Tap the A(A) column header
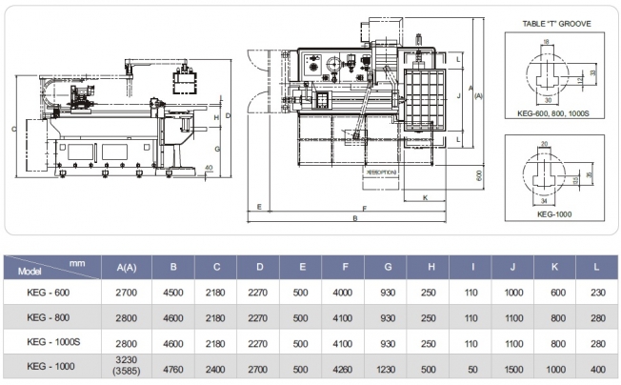[x=127, y=268]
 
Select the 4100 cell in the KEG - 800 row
[x=341, y=317]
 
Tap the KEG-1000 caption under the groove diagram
[x=553, y=214]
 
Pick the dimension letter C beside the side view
[x=13, y=129]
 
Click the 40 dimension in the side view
[x=209, y=169]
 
